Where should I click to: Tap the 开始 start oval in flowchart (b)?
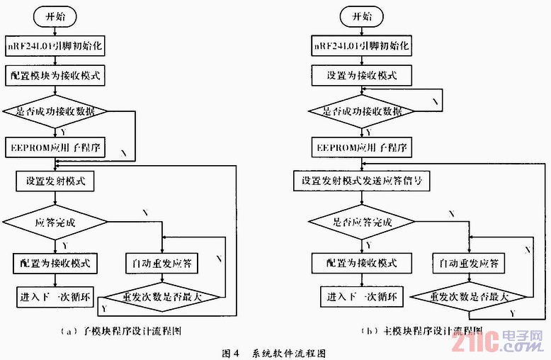361,16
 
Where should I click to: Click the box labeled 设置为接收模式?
361,74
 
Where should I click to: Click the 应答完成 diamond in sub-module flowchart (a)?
55,221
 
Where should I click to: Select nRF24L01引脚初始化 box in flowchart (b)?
362,46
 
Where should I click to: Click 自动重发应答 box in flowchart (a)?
162,264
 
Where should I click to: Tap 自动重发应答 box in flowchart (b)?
469,264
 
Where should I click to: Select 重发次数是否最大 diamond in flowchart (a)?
162,296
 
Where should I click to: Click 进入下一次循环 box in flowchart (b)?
362,296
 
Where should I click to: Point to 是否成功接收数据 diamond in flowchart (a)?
55,111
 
